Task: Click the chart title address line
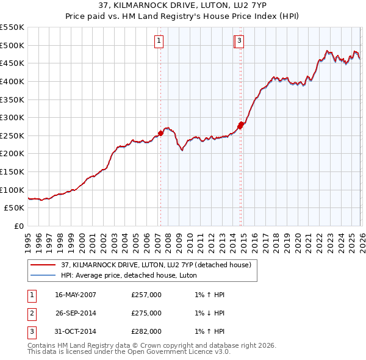click(x=183, y=6)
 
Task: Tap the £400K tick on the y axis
click(x=12, y=81)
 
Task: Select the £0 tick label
click(x=18, y=226)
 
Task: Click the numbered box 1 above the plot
click(x=159, y=41)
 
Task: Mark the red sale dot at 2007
click(x=160, y=132)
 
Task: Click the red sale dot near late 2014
click(x=241, y=124)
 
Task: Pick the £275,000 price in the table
click(x=146, y=313)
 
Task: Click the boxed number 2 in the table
click(x=30, y=313)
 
